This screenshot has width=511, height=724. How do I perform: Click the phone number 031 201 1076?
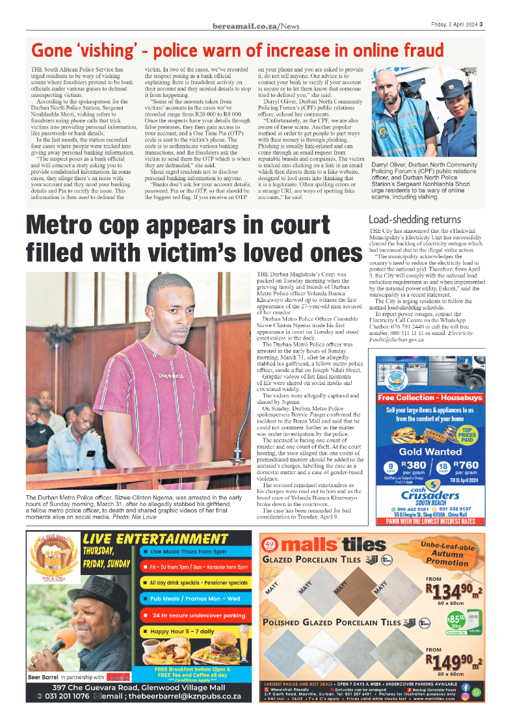click(62, 696)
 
